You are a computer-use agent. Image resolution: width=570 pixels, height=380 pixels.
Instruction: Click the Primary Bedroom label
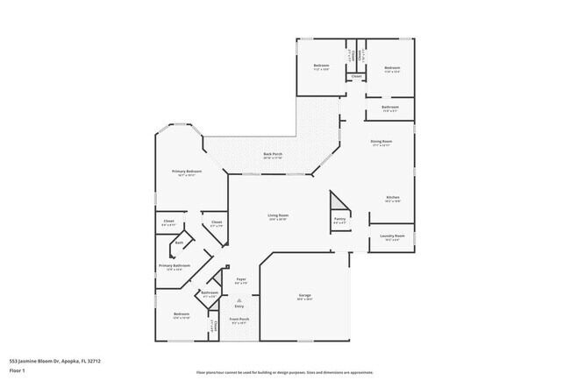coord(186,172)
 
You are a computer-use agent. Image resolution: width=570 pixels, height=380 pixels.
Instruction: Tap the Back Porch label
coord(273,154)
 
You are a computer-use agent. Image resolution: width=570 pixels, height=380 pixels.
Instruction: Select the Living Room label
coord(278,215)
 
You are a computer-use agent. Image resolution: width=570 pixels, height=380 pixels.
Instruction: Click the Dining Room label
coord(381,141)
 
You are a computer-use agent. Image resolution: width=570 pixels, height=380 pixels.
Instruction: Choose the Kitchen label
coord(393,198)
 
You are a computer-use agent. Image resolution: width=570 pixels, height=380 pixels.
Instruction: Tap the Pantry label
coord(339,219)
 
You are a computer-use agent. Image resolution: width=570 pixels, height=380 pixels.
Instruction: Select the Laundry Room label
coord(392,236)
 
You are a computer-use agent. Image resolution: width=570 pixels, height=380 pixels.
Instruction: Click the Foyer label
coord(240,279)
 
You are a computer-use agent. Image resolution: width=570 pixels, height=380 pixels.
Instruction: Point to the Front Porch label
coord(239,320)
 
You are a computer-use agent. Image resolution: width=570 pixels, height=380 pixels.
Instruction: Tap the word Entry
coord(239,306)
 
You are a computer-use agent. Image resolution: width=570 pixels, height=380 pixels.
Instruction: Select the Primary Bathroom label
coord(175,265)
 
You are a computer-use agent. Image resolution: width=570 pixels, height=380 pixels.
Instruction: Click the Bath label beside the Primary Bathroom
coord(179,243)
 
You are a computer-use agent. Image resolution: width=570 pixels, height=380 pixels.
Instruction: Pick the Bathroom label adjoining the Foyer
coord(210,292)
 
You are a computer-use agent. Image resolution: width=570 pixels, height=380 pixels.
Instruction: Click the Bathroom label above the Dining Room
coord(390,107)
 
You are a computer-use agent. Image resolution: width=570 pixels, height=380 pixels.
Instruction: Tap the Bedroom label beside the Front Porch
coord(181,313)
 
